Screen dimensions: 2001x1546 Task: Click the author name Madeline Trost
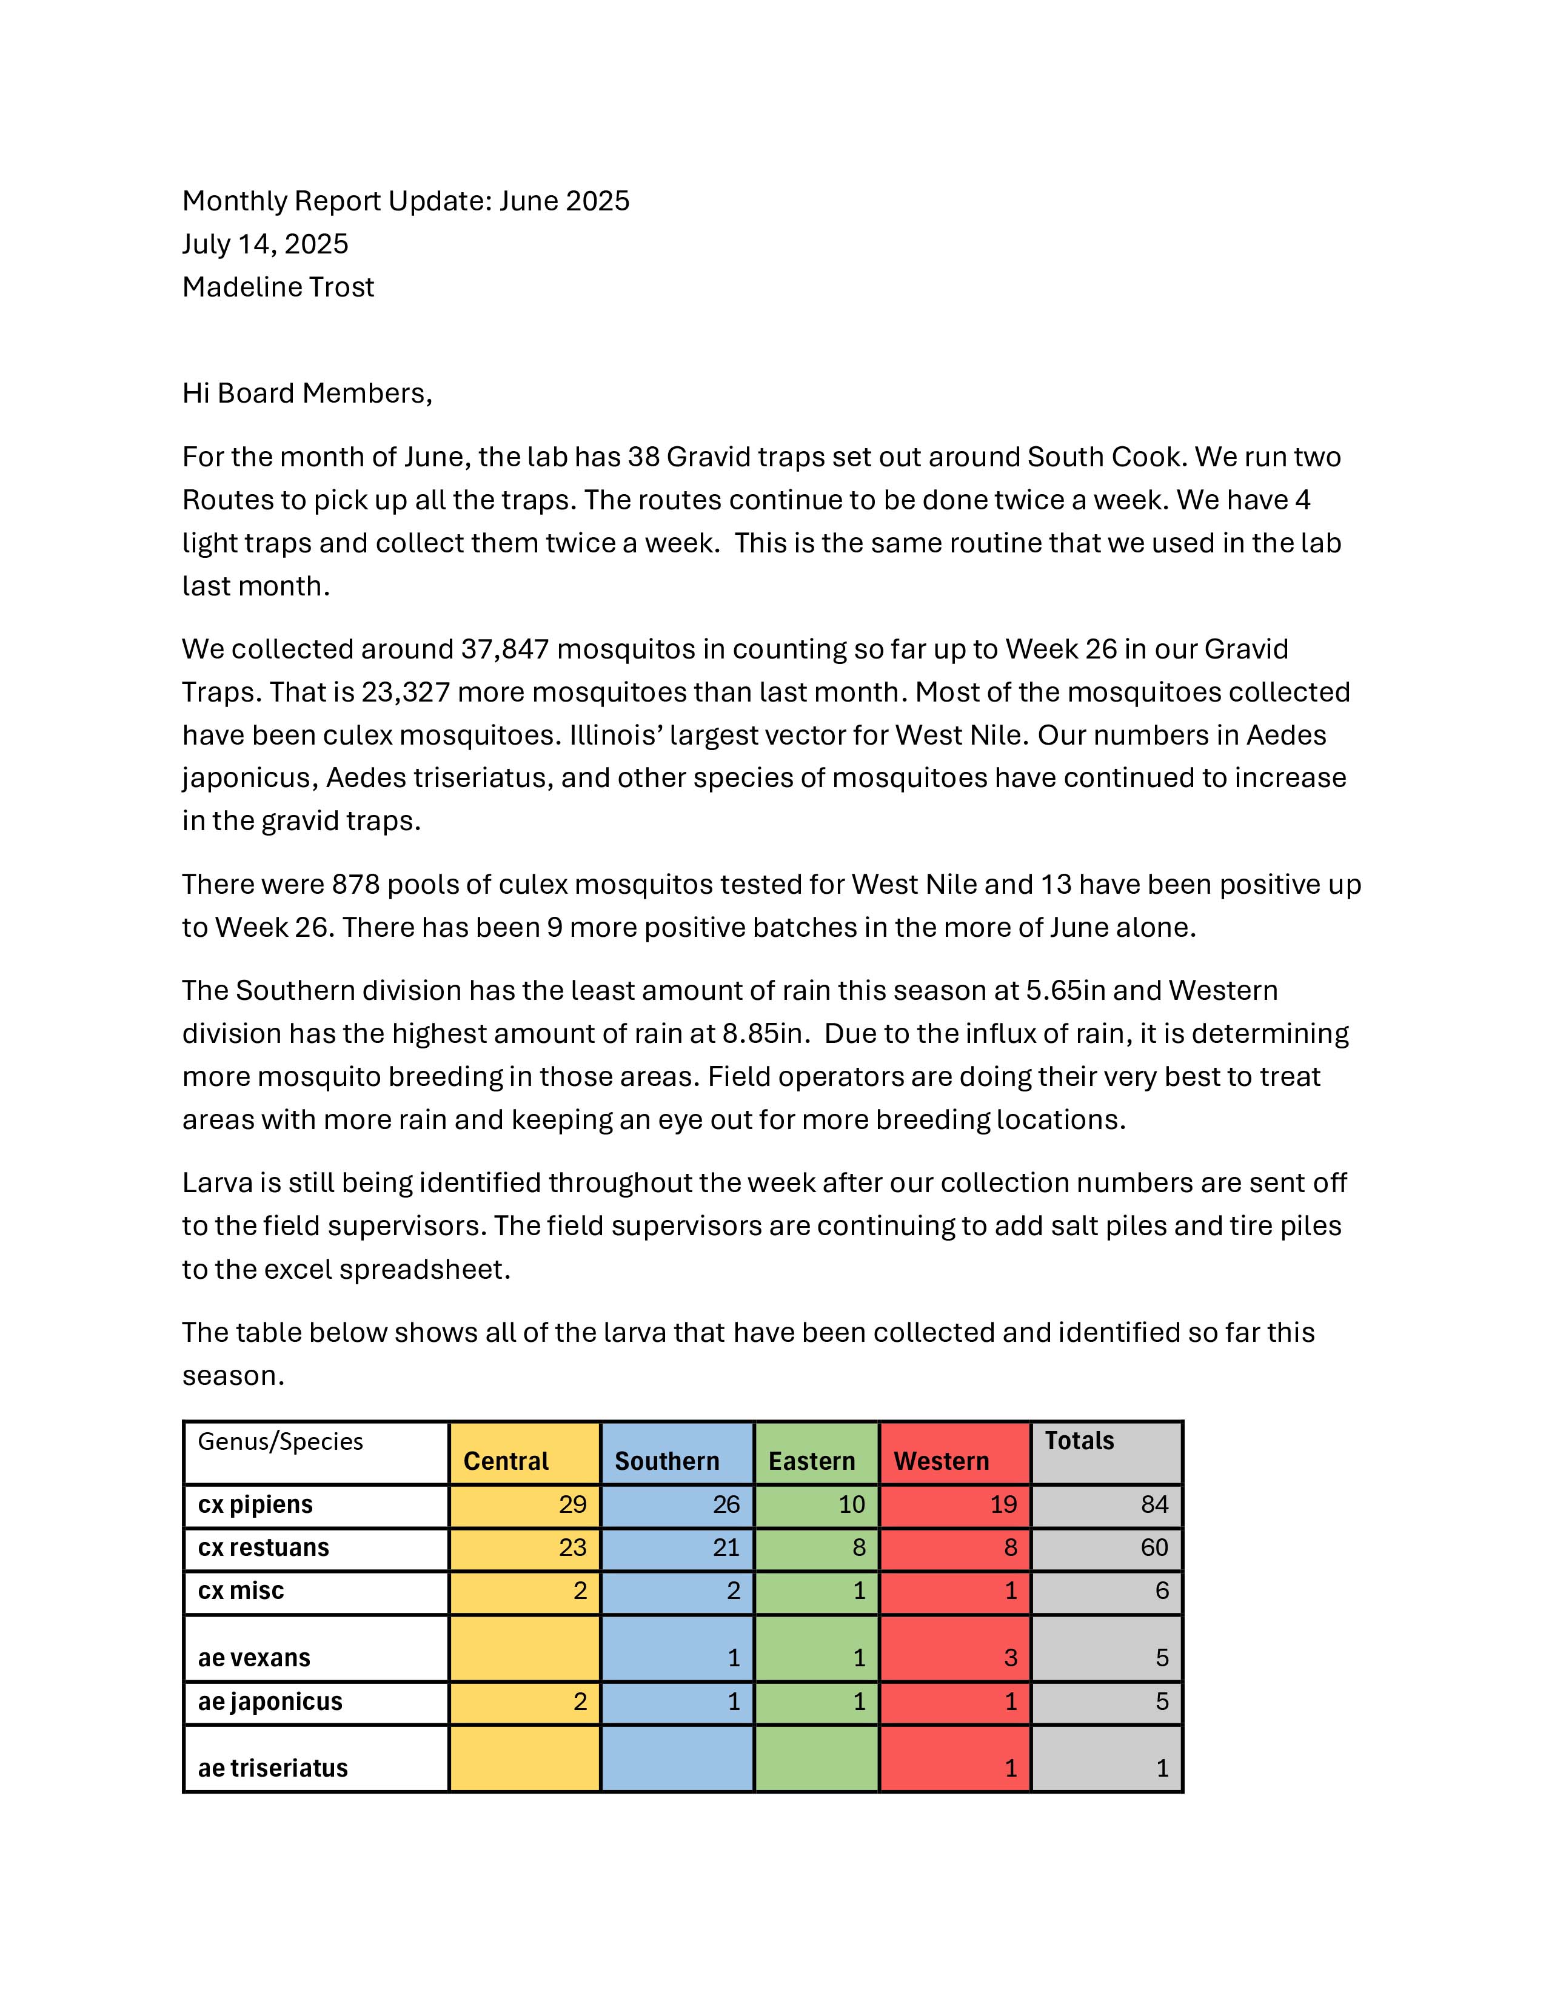click(x=278, y=287)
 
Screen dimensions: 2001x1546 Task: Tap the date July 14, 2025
click(x=265, y=244)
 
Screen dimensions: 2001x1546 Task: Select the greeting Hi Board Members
click(x=307, y=393)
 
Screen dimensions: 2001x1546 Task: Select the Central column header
click(x=506, y=1461)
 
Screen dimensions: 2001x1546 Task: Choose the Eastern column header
click(x=811, y=1461)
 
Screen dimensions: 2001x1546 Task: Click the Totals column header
click(x=1079, y=1441)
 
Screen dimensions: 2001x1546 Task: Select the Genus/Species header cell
click(x=280, y=1441)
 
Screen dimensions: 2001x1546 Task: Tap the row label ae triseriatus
click(x=273, y=1768)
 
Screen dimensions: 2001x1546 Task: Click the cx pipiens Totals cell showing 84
click(x=1154, y=1504)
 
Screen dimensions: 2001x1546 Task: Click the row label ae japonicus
click(x=270, y=1701)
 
